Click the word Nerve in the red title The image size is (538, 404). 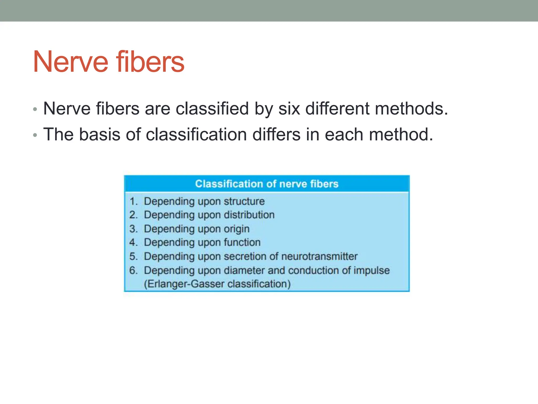point(70,62)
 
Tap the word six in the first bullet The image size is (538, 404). point(289,109)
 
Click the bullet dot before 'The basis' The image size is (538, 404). point(35,135)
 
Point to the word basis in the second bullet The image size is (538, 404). point(100,134)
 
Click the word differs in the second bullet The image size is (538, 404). point(276,134)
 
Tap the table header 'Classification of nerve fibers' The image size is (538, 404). point(267,184)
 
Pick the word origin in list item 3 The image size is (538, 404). point(236,229)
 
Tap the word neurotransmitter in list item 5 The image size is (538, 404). point(319,256)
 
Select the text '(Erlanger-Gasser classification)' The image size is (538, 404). point(217,284)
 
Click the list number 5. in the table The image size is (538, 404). point(133,256)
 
